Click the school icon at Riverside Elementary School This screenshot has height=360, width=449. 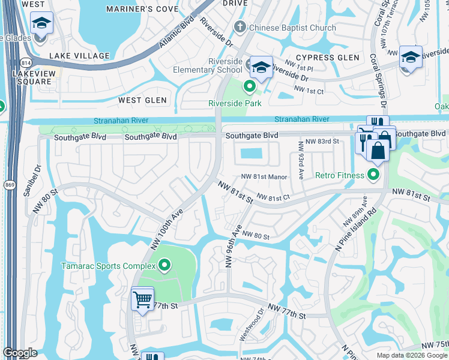(261, 68)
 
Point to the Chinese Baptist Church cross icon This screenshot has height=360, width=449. (240, 27)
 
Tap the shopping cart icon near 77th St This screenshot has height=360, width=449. (142, 298)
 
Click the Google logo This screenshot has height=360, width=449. (20, 353)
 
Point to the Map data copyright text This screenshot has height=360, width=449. (411, 355)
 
